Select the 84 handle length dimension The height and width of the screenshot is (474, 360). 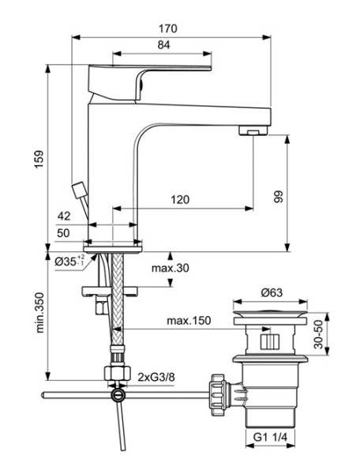[163, 46]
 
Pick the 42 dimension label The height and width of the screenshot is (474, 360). [66, 215]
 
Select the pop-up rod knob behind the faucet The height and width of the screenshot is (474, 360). [78, 190]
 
